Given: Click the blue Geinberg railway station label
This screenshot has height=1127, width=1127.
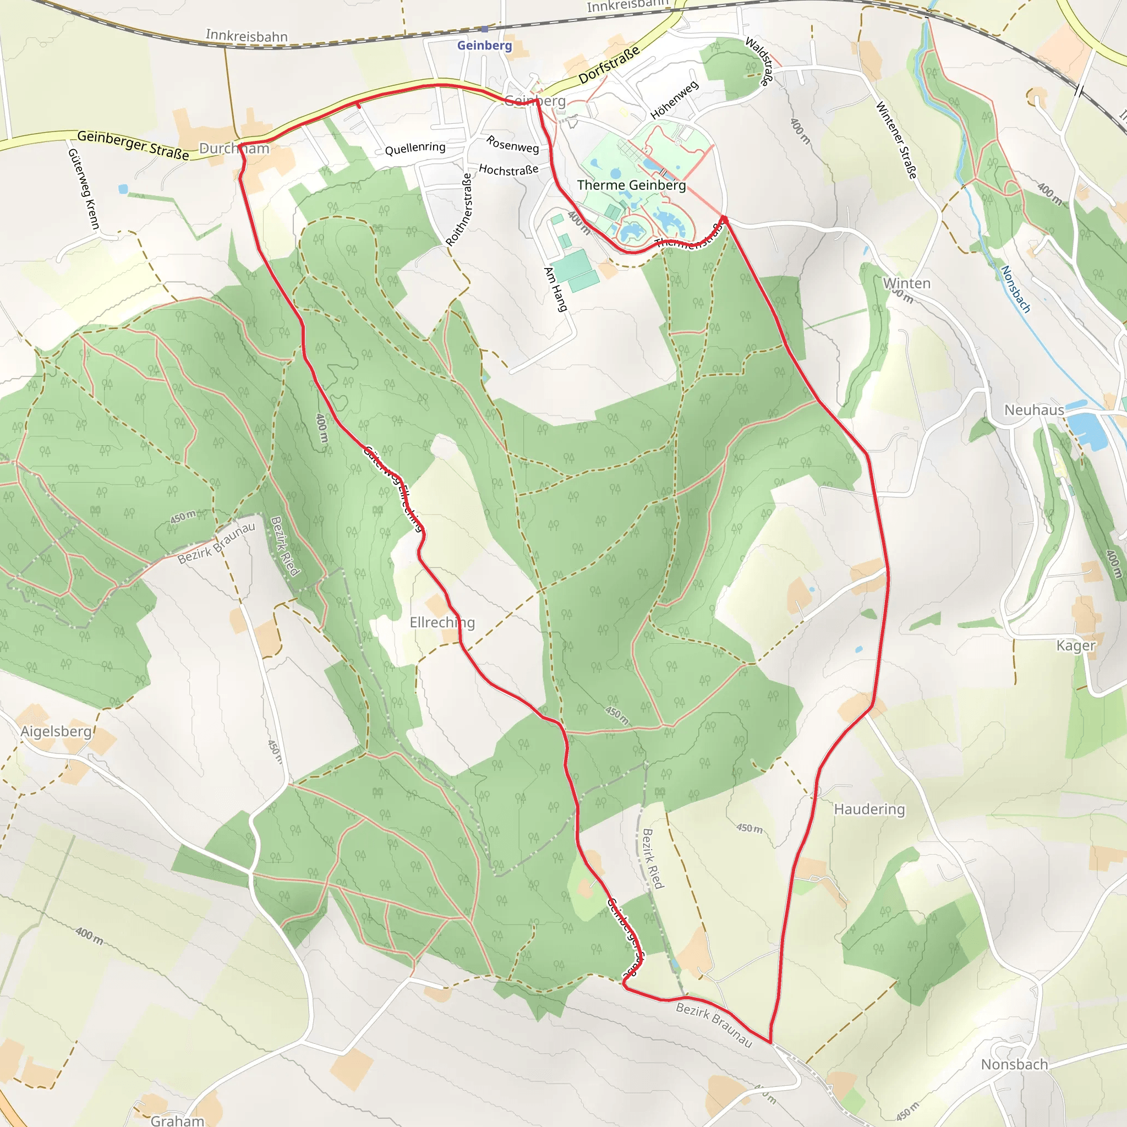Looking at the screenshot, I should (x=484, y=46).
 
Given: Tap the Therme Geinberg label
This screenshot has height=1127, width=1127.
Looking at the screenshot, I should (x=631, y=185).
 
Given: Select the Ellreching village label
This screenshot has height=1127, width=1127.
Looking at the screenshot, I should (x=442, y=622).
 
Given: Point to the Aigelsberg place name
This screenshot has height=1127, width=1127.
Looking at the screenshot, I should (x=56, y=731).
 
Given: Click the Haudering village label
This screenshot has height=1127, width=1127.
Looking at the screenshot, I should (x=869, y=809).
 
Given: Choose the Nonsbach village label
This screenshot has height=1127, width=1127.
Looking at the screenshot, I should (x=1014, y=1065).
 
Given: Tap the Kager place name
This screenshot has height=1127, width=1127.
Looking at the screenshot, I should (x=1076, y=645).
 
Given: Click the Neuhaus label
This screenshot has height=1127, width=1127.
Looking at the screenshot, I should (x=1034, y=410).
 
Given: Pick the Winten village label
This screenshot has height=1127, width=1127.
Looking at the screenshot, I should (x=906, y=283).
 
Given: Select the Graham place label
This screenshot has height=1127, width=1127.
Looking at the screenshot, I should (x=177, y=1120).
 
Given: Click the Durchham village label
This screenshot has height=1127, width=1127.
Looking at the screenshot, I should (x=234, y=148).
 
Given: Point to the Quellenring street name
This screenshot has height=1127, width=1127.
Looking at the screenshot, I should (x=415, y=148).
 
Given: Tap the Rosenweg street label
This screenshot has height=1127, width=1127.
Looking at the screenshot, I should (x=513, y=144).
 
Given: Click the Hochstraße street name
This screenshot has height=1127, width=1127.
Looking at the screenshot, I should (x=508, y=169).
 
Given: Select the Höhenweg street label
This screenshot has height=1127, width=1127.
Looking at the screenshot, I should (x=674, y=100).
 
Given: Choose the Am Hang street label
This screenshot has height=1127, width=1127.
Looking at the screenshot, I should (x=555, y=289).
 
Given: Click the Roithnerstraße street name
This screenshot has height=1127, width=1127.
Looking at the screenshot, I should (x=459, y=209).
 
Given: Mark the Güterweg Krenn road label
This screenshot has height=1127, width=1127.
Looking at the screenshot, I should (x=84, y=189).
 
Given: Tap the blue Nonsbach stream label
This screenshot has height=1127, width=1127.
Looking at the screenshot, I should (x=1016, y=289).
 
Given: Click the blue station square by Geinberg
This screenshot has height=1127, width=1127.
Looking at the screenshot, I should (x=484, y=29).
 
